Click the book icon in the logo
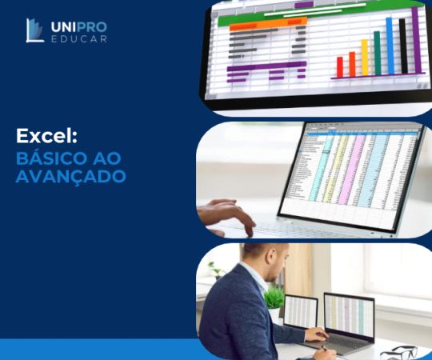click(34, 30)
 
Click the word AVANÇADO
click(70, 176)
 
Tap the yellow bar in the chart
click(364, 57)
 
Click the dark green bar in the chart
click(377, 53)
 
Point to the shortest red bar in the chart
click(339, 67)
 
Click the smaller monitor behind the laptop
click(301, 311)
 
